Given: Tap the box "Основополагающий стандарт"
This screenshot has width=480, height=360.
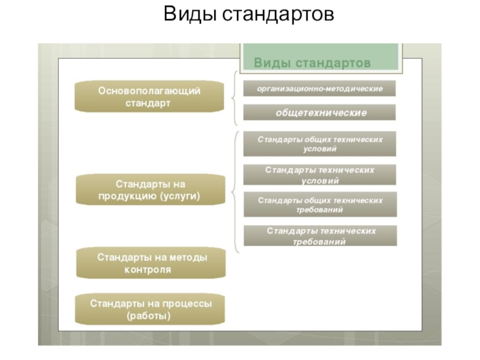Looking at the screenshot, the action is [x=149, y=97].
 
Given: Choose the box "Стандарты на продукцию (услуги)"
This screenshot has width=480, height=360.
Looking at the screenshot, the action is [x=149, y=189].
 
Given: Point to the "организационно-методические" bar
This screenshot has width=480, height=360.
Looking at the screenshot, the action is [x=319, y=89].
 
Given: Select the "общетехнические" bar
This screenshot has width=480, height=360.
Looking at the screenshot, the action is [x=319, y=112].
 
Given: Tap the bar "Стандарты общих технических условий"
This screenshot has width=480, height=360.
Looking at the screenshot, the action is [x=319, y=143].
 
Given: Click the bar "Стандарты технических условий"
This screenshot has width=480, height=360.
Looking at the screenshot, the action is [x=319, y=175].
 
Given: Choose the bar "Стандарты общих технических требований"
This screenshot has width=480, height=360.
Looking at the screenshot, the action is [x=319, y=205].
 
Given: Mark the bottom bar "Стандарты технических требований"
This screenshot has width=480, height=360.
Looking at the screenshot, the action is [x=319, y=236].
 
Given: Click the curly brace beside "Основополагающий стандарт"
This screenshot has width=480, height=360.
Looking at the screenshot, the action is [x=233, y=98].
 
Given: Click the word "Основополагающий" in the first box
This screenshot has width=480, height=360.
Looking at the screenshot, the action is [x=149, y=90].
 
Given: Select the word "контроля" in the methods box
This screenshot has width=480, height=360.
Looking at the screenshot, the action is [x=148, y=270].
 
